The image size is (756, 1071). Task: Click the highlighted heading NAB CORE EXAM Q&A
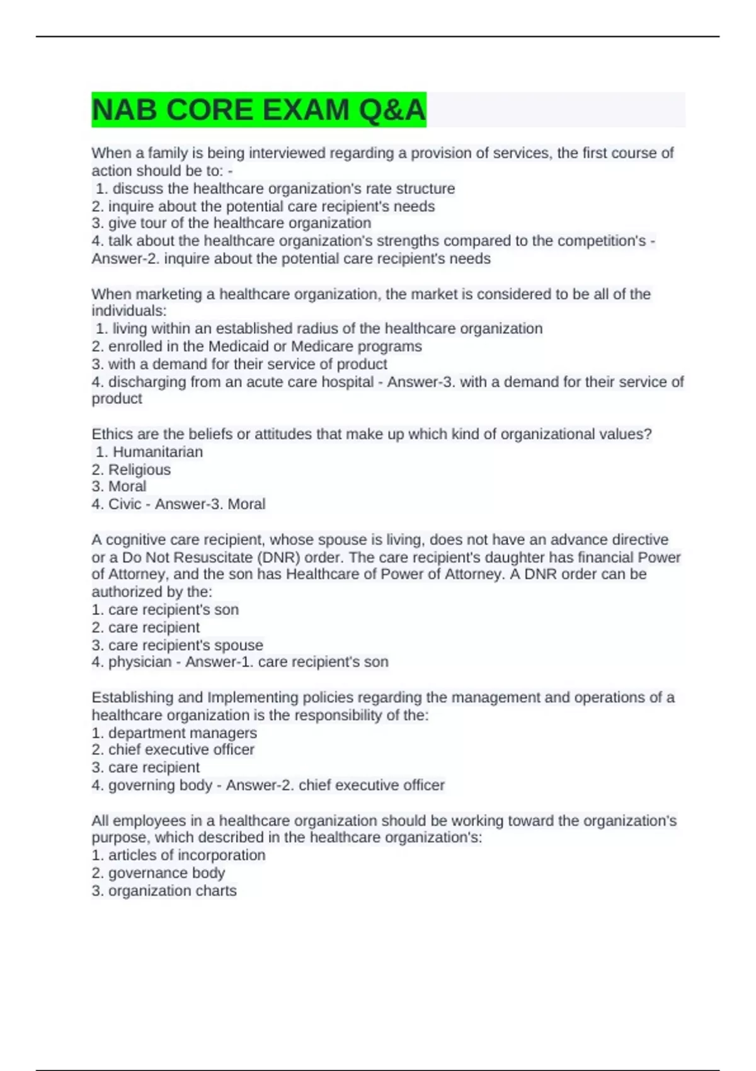pyautogui.click(x=258, y=110)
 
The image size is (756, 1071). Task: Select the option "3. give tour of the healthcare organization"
pyautogui.click(x=231, y=223)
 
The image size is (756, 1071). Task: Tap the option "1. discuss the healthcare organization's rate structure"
pyautogui.click(x=275, y=188)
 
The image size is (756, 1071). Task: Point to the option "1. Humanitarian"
pyautogui.click(x=149, y=452)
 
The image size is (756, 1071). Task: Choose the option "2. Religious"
pyautogui.click(x=131, y=469)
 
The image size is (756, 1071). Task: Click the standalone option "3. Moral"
pyautogui.click(x=119, y=486)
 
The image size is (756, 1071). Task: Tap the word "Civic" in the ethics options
pyautogui.click(x=125, y=504)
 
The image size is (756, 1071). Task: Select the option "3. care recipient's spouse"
pyautogui.click(x=177, y=645)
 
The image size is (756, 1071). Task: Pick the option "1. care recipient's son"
pyautogui.click(x=165, y=610)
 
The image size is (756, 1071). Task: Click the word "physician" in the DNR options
pyautogui.click(x=140, y=662)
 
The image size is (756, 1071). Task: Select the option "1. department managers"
pyautogui.click(x=174, y=733)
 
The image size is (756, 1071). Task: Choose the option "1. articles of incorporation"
pyautogui.click(x=178, y=856)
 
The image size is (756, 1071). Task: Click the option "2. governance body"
pyautogui.click(x=158, y=873)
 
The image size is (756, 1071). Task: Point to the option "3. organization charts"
pyautogui.click(x=164, y=891)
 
